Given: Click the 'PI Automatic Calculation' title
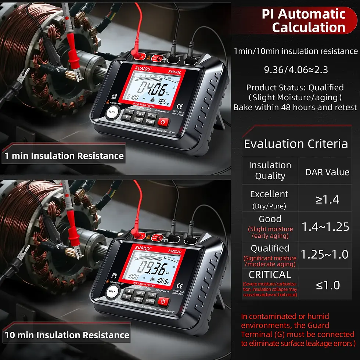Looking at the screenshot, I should [x=303, y=21].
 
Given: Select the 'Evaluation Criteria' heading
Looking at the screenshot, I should [x=296, y=144].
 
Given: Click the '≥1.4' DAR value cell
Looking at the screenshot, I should [x=327, y=199].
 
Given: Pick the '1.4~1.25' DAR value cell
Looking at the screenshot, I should [x=325, y=227].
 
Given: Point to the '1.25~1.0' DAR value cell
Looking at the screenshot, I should [x=325, y=254].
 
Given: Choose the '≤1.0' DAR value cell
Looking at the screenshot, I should [x=328, y=285].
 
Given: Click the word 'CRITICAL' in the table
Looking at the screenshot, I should [x=270, y=275].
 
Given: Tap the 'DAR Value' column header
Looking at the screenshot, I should [x=327, y=172].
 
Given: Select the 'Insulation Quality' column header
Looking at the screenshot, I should [x=270, y=171].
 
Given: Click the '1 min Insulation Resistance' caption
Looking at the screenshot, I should [x=64, y=156].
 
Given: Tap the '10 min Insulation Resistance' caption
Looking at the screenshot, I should [x=67, y=335].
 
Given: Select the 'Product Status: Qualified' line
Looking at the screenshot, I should [x=295, y=88].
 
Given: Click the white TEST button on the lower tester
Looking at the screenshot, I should [x=112, y=292].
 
